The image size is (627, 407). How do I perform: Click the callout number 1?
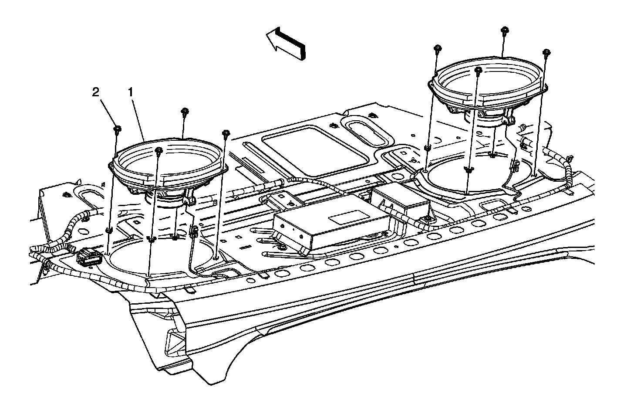[x=130, y=92]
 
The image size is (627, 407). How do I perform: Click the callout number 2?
[x=95, y=92]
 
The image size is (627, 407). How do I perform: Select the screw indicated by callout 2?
[x=118, y=128]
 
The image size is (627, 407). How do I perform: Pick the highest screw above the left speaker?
[x=185, y=112]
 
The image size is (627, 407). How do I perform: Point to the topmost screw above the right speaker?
[x=505, y=30]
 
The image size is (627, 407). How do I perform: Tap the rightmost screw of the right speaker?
[x=546, y=53]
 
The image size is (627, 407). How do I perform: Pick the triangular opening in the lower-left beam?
[x=174, y=338]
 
